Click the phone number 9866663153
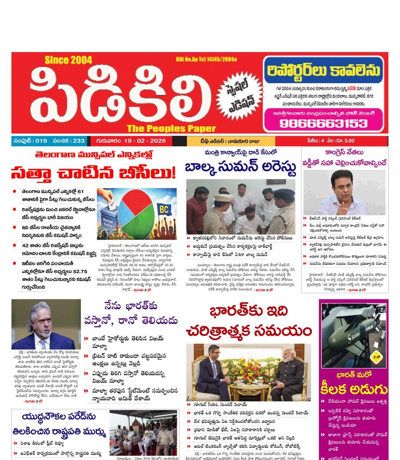(323, 123)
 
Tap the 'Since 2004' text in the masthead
(68, 60)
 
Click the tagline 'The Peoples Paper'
(171, 128)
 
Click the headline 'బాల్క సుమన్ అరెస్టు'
(240, 168)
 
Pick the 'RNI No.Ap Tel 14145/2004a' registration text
(206, 59)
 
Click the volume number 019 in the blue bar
(41, 141)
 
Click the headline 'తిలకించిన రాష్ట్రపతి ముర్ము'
(58, 432)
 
